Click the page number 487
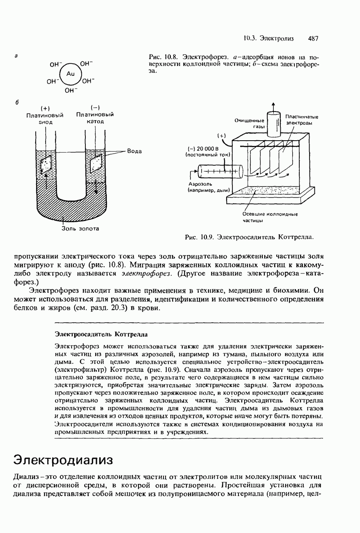[x=313, y=39]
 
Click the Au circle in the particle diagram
[x=71, y=74]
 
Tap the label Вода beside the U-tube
[x=134, y=151]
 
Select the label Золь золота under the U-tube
[x=80, y=228]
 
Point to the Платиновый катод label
[x=95, y=118]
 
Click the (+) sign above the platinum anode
[x=46, y=108]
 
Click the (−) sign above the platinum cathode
[x=95, y=108]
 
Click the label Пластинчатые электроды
[x=302, y=120]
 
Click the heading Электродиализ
[x=63, y=459]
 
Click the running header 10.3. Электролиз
[x=268, y=39]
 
